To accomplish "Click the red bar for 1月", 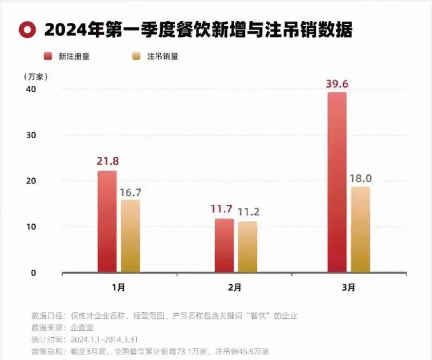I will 107,222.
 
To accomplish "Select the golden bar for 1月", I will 130,236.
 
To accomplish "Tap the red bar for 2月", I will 224,245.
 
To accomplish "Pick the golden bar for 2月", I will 248,247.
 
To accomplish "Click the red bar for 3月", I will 337,182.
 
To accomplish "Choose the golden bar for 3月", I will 360,229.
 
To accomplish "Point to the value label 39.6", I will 337,84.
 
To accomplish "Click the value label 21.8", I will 107,162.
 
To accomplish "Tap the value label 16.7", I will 130,192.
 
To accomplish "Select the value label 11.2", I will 248,212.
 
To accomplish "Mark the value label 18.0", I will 361,178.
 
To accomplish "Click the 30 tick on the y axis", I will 32,135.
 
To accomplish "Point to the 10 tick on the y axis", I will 32,227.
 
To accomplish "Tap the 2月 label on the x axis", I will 235,287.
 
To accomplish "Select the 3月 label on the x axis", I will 348,287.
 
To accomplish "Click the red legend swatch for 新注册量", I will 48,56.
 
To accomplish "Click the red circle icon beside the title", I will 27,30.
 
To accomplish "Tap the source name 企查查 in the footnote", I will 82,328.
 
